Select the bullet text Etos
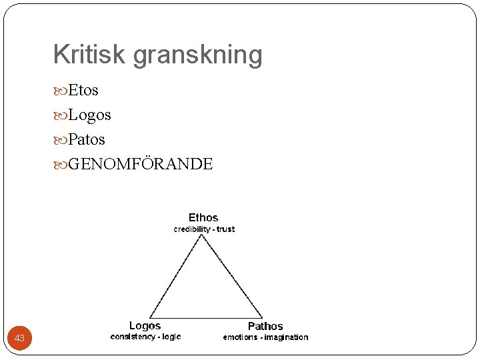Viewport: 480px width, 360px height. point(83,91)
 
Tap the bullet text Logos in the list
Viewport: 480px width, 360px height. point(89,115)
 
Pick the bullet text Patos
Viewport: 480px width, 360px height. point(86,140)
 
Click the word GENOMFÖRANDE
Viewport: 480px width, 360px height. point(140,164)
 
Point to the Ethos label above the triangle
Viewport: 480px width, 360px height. point(203,217)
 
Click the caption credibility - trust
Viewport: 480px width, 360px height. point(204,229)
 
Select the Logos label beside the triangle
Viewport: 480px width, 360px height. point(145,325)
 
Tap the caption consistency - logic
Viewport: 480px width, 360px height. point(145,337)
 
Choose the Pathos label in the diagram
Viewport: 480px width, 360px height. point(265,326)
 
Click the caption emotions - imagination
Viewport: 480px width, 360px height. point(265,337)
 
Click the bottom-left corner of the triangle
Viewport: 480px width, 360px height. point(150,317)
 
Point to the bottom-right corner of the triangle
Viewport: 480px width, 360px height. point(263,317)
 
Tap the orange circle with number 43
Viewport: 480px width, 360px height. point(20,338)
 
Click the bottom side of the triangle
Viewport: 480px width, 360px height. point(206,317)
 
